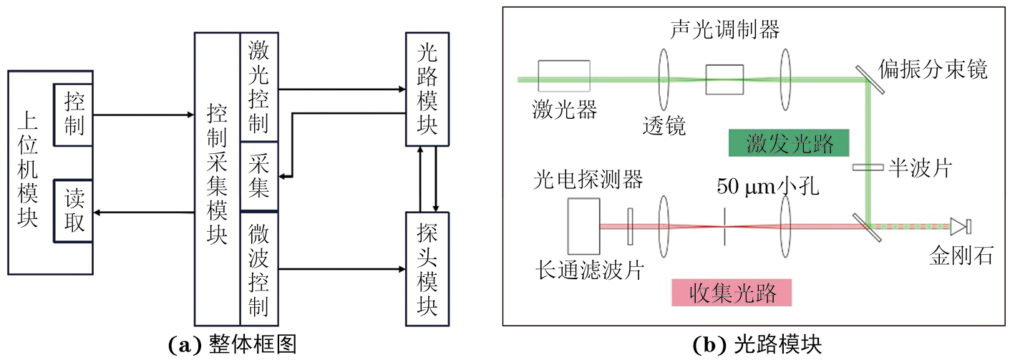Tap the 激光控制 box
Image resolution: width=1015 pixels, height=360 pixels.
(258, 87)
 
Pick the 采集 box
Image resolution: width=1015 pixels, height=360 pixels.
(258, 176)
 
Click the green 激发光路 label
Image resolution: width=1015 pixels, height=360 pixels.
(789, 143)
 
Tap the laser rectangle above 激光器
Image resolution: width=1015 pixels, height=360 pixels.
(564, 77)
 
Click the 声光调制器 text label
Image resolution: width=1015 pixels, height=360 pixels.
(724, 29)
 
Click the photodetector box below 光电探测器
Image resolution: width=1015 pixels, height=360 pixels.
(583, 226)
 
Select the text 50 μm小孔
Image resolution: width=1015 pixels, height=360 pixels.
(767, 188)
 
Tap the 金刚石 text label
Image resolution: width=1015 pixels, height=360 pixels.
(961, 254)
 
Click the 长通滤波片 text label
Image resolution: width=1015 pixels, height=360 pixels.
(589, 271)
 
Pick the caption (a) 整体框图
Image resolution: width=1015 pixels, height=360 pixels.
(231, 346)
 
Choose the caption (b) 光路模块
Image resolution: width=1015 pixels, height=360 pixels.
(757, 346)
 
